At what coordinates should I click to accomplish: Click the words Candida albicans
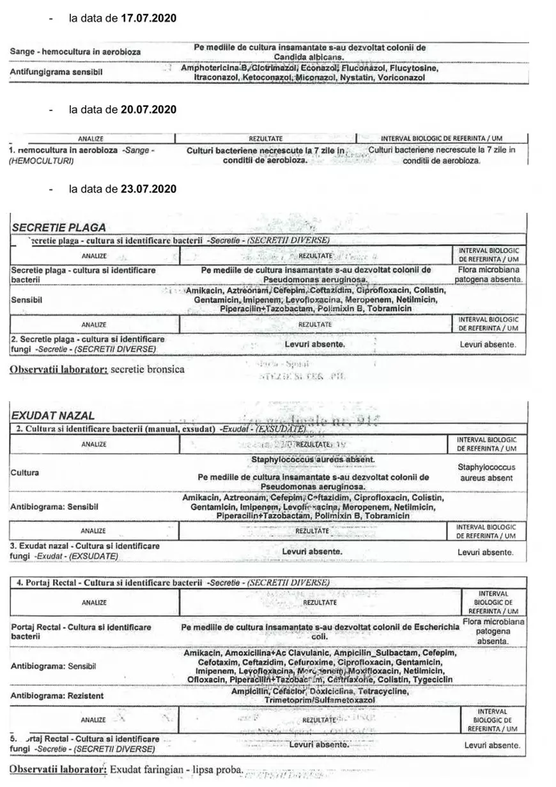(x=309, y=57)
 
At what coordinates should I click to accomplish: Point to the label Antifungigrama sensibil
(x=56, y=71)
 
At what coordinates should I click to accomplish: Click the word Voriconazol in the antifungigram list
(x=399, y=77)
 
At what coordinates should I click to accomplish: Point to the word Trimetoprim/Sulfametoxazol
(x=319, y=700)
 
